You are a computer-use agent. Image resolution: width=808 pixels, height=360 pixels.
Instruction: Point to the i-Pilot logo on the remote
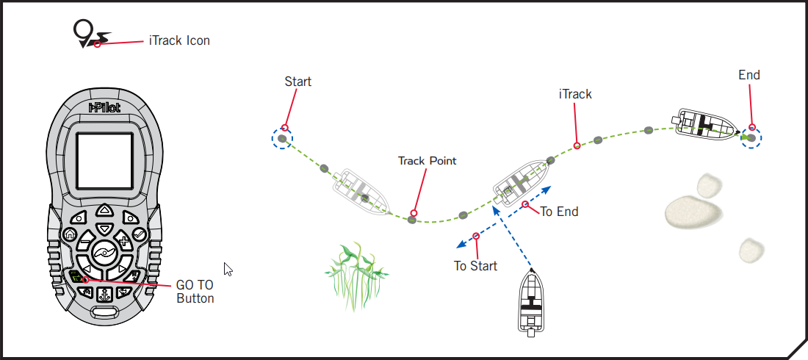coord(104,108)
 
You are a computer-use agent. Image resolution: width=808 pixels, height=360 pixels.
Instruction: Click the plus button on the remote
coord(123,240)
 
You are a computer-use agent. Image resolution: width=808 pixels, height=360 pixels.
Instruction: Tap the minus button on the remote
coord(85,240)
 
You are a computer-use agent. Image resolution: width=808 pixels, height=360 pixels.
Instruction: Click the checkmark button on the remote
coord(139,235)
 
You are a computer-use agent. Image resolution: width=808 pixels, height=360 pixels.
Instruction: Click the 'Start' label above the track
coord(297,82)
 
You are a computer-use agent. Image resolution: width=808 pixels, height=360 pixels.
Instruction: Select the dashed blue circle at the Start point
coord(281,138)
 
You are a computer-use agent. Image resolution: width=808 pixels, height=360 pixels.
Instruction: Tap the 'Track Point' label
coord(427,160)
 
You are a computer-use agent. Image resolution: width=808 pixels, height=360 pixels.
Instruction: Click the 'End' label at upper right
coord(749,75)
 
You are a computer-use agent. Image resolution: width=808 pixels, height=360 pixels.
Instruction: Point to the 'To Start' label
coord(475,265)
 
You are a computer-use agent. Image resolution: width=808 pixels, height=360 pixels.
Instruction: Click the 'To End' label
coord(559,212)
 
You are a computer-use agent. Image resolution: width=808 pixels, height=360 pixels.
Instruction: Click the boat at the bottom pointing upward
coord(532,302)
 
